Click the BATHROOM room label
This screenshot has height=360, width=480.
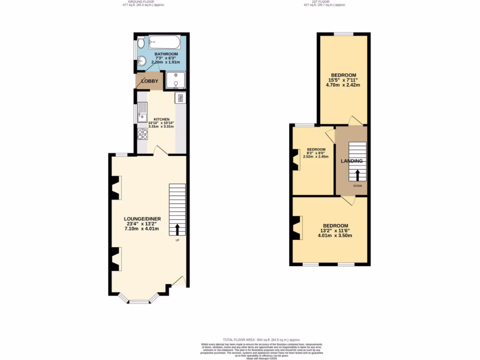click(166, 54)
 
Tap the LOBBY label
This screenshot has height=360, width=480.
click(150, 81)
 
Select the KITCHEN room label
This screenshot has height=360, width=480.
click(161, 119)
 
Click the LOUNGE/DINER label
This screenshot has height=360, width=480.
click(142, 218)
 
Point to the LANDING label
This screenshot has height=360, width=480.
click(352, 161)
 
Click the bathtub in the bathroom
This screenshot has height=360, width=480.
click(164, 43)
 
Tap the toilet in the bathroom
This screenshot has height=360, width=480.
click(141, 44)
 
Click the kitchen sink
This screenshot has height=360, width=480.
click(141, 113)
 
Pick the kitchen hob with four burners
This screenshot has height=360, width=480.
click(142, 135)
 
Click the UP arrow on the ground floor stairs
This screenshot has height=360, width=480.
click(178, 229)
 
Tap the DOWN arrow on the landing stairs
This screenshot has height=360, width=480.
click(357, 175)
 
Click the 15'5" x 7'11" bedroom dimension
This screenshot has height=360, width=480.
click(344, 80)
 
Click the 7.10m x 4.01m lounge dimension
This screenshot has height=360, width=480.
click(142, 229)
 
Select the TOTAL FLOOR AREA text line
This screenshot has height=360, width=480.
click(261, 339)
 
